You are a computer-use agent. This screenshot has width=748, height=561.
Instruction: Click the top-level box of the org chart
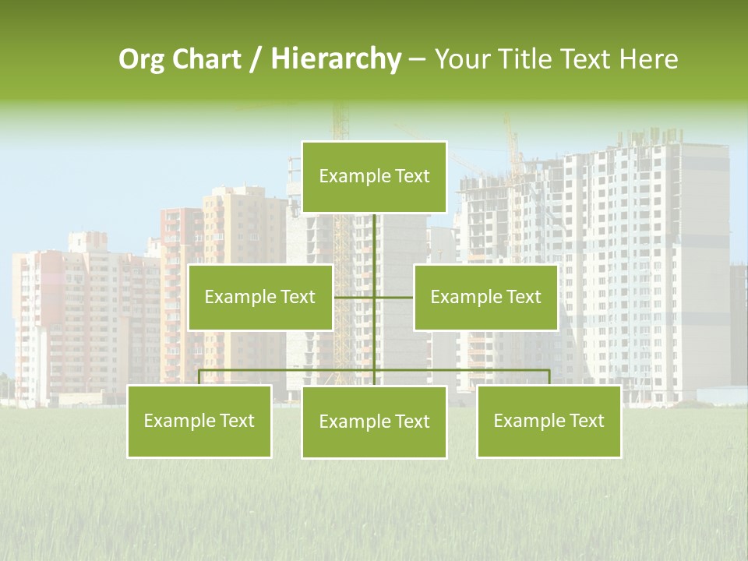374,177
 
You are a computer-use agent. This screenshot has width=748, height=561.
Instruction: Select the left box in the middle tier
260,297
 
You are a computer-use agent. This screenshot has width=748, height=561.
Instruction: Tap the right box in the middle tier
485,297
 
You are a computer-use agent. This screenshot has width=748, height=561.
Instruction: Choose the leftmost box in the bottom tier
199,421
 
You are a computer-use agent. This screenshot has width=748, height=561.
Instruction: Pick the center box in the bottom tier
374,422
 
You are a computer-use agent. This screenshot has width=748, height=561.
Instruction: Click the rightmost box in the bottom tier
549,421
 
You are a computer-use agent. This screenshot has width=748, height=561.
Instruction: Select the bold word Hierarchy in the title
336,59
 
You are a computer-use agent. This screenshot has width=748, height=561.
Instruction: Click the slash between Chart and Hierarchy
256,59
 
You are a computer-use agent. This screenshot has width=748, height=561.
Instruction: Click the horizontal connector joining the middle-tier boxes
355,297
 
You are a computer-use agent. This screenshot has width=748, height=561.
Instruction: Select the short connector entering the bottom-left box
199,377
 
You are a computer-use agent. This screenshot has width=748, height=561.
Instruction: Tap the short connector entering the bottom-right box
549,377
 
